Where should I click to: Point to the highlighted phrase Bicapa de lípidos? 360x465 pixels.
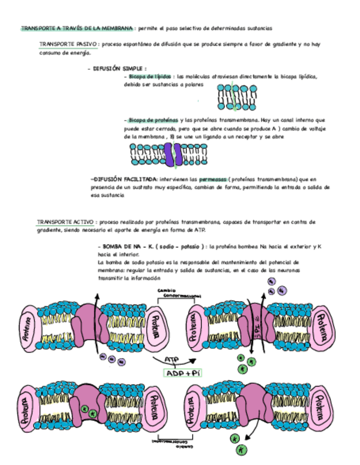click(x=150, y=77)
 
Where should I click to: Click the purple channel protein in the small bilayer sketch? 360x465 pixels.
click(x=174, y=155)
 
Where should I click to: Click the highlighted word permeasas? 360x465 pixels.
click(x=211, y=179)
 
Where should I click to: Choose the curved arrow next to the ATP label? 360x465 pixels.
click(x=187, y=360)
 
